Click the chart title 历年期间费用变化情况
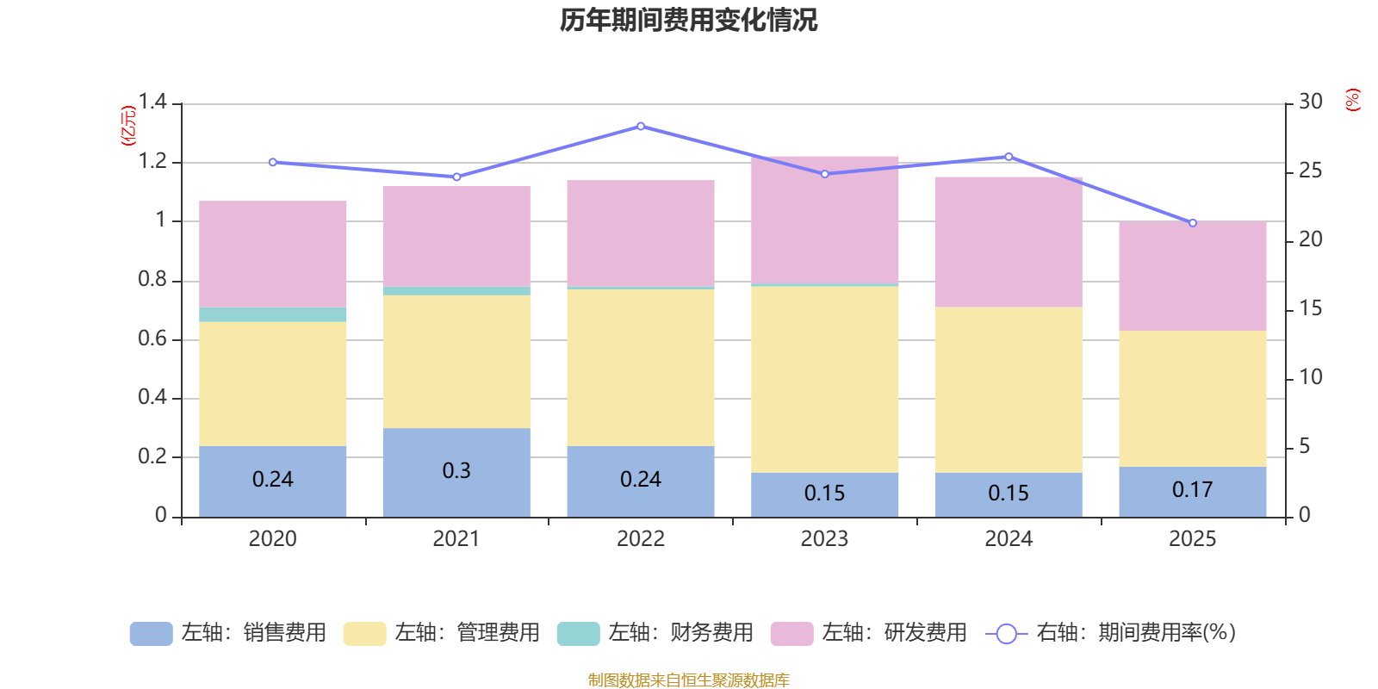click(x=688, y=20)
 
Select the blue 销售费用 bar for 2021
click(x=456, y=472)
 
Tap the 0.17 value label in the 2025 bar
click(x=1192, y=490)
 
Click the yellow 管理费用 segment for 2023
click(x=824, y=379)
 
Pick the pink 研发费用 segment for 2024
click(x=1009, y=242)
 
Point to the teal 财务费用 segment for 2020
click(x=273, y=314)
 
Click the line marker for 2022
click(x=641, y=127)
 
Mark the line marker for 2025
click(x=1193, y=223)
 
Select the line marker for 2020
click(x=273, y=162)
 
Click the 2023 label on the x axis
click(x=824, y=539)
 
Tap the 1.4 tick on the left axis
click(x=152, y=102)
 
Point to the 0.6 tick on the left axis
click(x=152, y=338)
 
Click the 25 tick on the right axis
click(x=1310, y=171)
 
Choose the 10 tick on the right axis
click(x=1310, y=377)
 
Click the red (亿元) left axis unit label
click(x=128, y=126)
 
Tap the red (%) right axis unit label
click(x=1352, y=100)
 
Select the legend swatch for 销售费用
click(x=151, y=633)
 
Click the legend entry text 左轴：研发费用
click(x=893, y=633)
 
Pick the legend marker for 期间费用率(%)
click(x=1006, y=634)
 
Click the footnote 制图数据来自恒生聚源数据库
click(x=688, y=680)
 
